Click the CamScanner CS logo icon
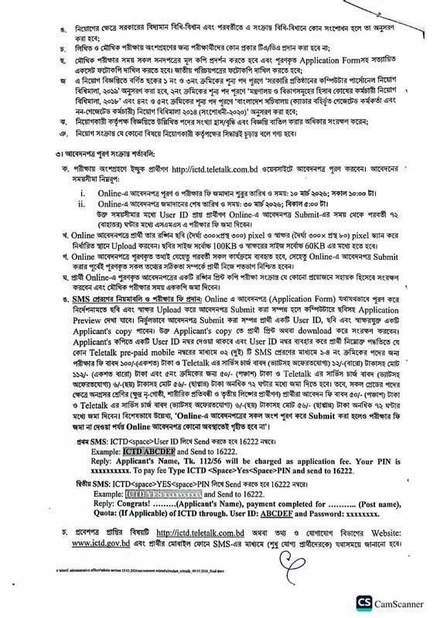(370, 602)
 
